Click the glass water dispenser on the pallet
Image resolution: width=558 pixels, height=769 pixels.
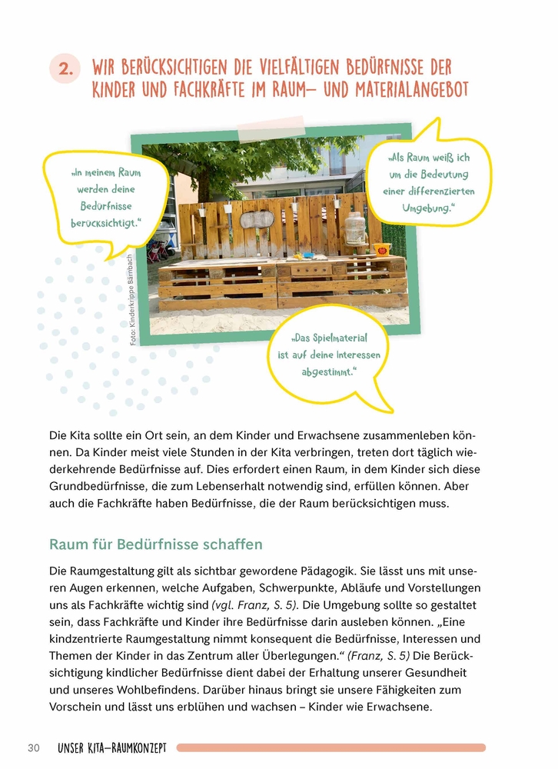pyautogui.click(x=354, y=228)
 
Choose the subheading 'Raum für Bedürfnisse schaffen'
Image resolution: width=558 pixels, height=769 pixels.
pyautogui.click(x=156, y=544)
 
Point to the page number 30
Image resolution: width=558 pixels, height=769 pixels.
pyautogui.click(x=33, y=747)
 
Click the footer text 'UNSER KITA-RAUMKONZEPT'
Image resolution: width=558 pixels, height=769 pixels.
pyautogui.click(x=112, y=747)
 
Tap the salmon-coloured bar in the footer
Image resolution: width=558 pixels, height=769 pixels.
pyautogui.click(x=330, y=747)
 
